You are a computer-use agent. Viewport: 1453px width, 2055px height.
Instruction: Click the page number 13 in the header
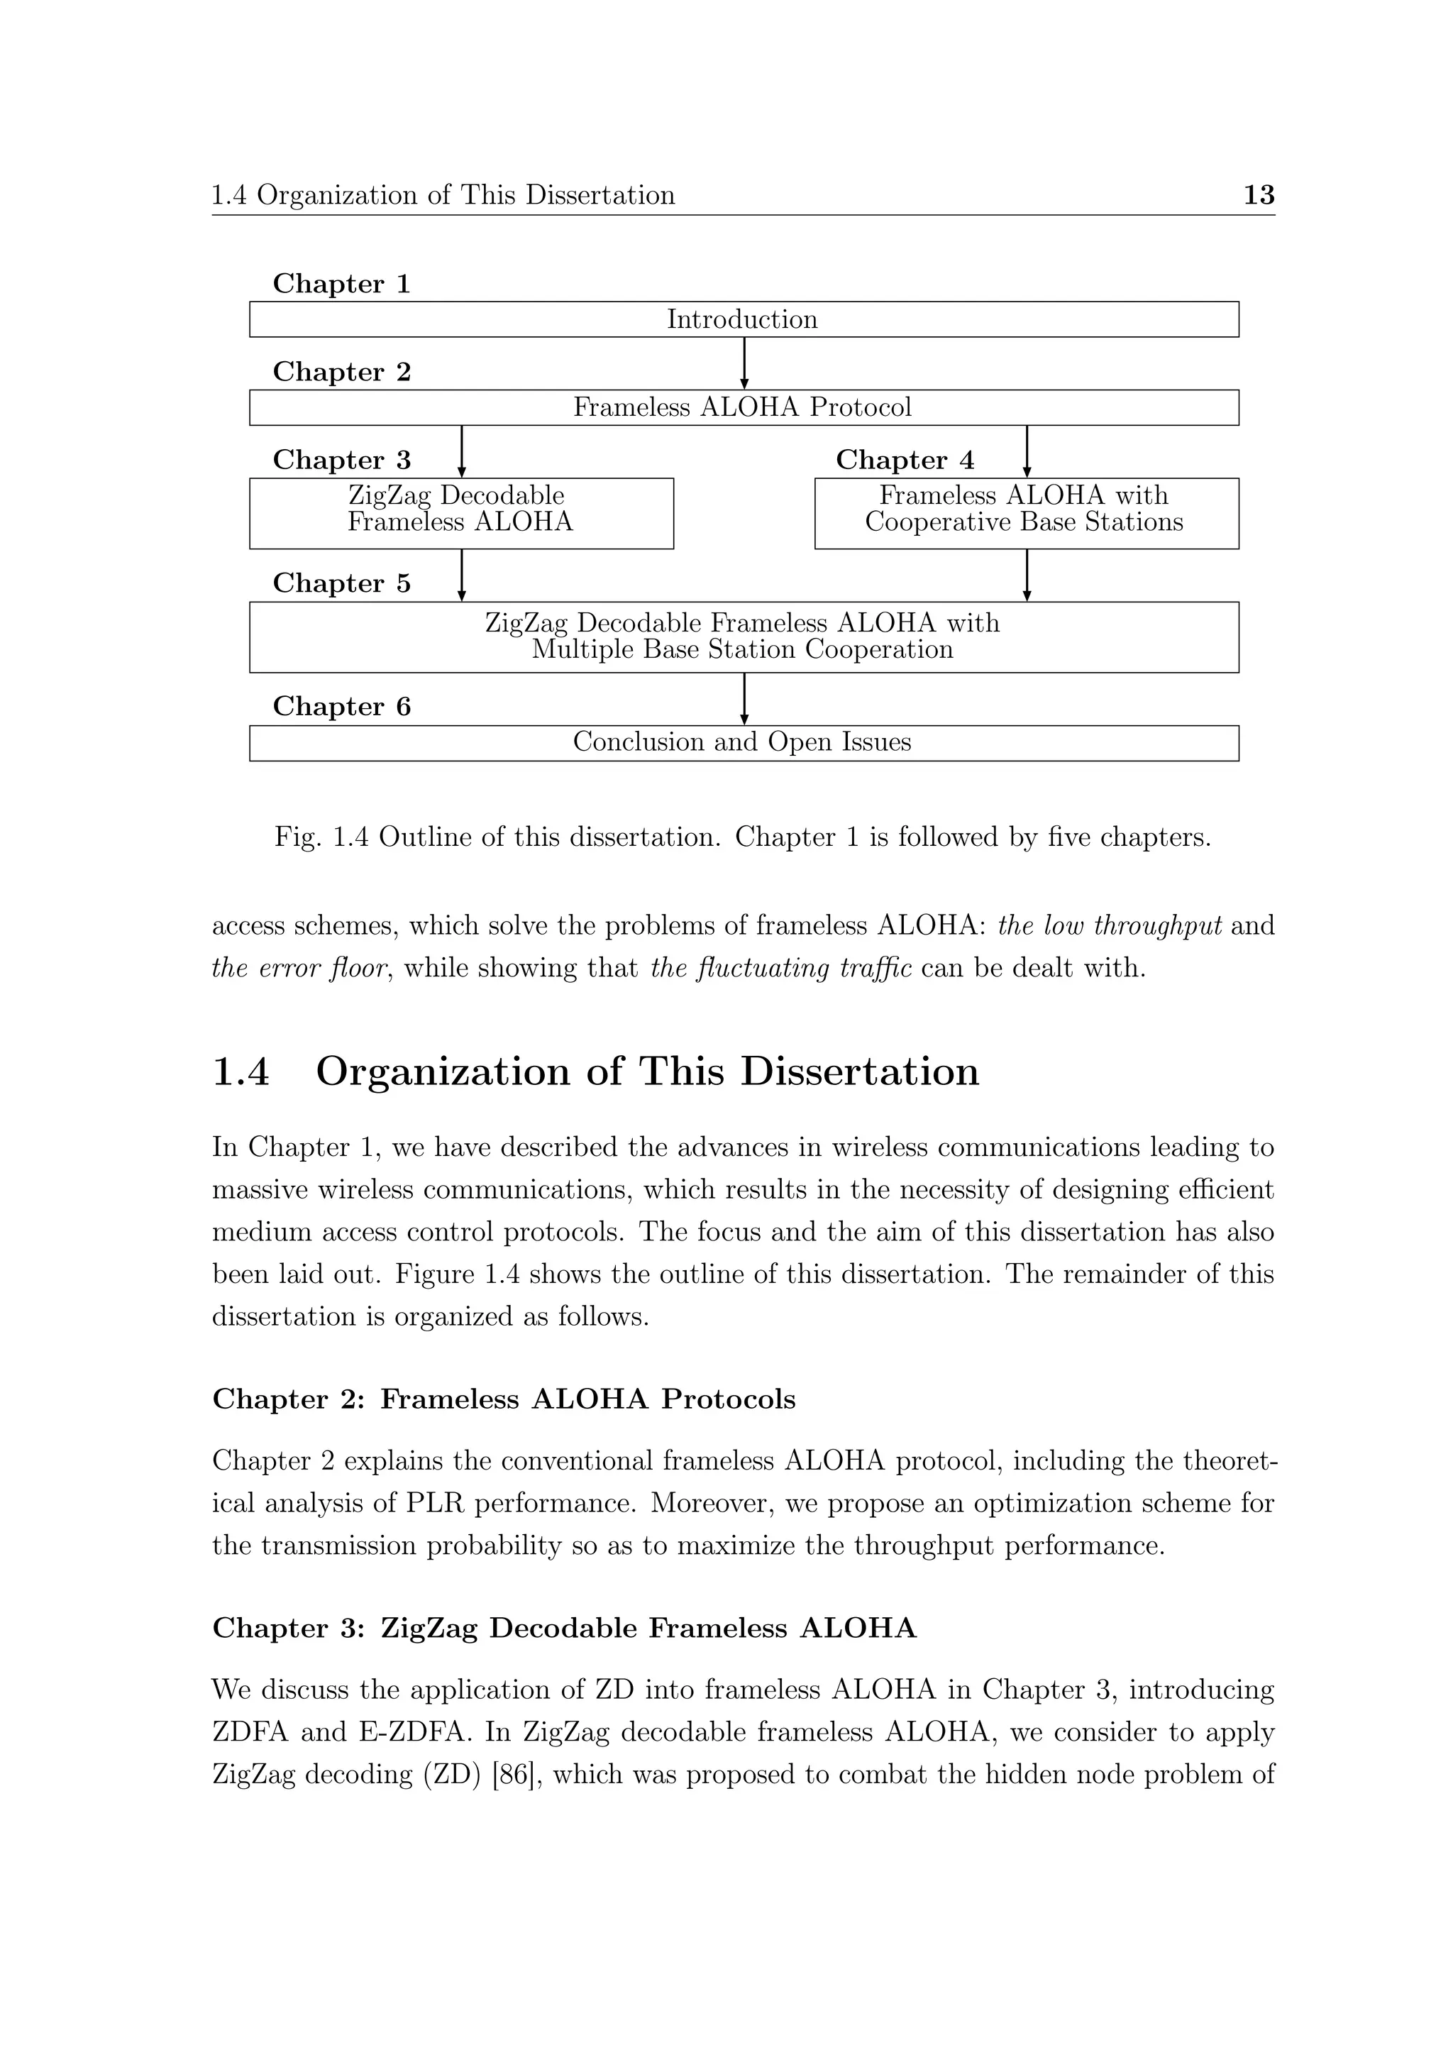click(x=1259, y=195)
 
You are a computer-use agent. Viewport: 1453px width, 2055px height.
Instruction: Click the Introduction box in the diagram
click(x=743, y=319)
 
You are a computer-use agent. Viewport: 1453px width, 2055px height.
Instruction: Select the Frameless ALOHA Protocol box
click(x=743, y=407)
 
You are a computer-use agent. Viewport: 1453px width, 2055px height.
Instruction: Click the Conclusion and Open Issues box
click(x=743, y=742)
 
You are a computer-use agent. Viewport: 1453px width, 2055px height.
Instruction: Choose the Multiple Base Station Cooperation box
click(x=743, y=637)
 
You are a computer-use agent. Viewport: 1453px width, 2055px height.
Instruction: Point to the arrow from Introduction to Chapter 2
click(x=744, y=363)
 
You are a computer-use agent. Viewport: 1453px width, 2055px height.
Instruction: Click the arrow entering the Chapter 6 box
click(x=744, y=698)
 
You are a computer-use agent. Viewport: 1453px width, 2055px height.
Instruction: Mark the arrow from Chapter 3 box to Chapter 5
click(x=462, y=575)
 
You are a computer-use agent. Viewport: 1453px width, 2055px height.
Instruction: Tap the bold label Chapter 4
click(x=905, y=460)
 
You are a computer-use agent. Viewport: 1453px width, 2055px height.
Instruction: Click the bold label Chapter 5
click(x=342, y=583)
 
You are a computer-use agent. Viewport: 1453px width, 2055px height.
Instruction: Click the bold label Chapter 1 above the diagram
click(x=342, y=285)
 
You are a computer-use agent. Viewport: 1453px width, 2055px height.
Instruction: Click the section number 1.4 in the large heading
click(x=241, y=1071)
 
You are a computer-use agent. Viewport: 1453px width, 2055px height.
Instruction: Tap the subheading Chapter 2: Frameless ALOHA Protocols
click(x=504, y=1399)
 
